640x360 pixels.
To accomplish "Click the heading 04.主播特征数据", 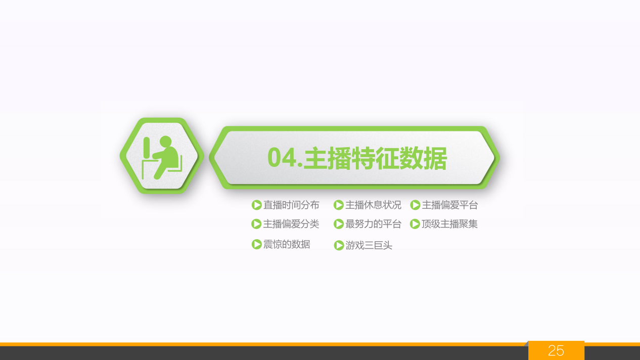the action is pos(357,158).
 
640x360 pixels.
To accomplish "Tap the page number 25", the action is pos(556,350).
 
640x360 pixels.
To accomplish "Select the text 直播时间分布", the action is pos(291,205).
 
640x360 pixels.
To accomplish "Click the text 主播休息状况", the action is pos(373,205).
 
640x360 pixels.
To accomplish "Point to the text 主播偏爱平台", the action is pos(450,205).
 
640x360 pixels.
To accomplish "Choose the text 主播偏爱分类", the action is pos(291,224).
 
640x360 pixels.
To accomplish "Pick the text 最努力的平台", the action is pos(373,224).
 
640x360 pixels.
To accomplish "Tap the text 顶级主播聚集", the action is pos(449,224).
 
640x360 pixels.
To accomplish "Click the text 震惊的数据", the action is pos(287,245).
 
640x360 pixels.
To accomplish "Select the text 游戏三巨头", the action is pos(369,245).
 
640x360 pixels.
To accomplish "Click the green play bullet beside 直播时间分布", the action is pos(257,205).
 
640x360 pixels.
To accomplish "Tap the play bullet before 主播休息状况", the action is pos(339,205).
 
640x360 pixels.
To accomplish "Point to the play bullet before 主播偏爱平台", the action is pos(415,205).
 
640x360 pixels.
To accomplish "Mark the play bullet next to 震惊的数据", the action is pos(257,245).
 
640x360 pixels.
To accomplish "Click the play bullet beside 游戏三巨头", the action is pos(339,245).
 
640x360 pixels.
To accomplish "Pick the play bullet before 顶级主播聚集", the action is pos(415,224).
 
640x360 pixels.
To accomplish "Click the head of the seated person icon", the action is pos(165,142).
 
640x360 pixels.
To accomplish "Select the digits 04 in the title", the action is pos(282,158).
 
